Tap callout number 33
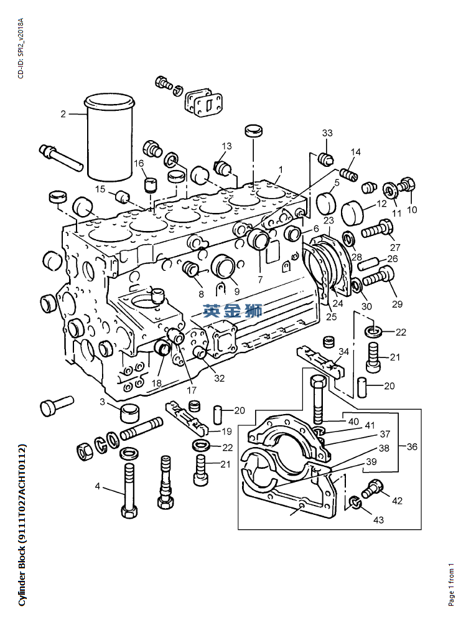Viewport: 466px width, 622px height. click(x=327, y=133)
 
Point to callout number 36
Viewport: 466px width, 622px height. click(x=412, y=446)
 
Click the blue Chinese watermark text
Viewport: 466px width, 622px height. click(x=233, y=311)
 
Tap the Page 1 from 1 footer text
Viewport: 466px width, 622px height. click(x=451, y=585)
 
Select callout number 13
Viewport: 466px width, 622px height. click(x=226, y=146)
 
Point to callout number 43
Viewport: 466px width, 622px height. click(x=378, y=520)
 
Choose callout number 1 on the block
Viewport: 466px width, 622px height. click(x=281, y=170)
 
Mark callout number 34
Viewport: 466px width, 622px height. click(x=343, y=351)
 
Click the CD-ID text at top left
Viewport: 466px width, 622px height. click(x=21, y=48)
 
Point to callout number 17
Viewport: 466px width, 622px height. click(x=192, y=390)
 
